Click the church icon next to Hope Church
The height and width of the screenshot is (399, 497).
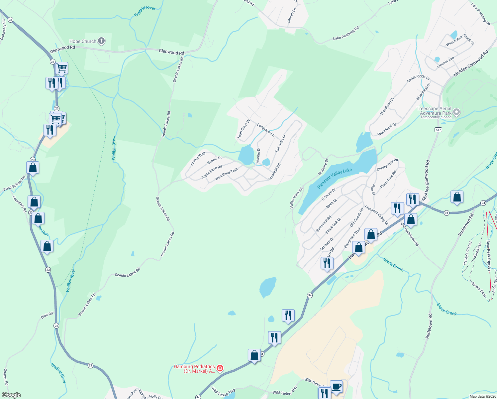click(101, 41)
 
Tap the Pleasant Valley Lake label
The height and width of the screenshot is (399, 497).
click(334, 178)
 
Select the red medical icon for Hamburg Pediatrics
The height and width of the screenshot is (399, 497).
click(220, 368)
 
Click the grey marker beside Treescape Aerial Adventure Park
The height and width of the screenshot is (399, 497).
click(456, 112)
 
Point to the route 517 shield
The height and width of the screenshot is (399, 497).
click(438, 130)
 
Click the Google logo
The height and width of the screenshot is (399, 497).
click(11, 395)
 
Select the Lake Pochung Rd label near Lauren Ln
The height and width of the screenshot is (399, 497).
click(346, 34)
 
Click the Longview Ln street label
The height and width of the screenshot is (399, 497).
click(266, 130)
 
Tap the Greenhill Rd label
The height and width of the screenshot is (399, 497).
click(274, 172)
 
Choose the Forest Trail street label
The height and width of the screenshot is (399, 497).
click(198, 159)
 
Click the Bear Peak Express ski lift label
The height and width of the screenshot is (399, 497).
click(489, 256)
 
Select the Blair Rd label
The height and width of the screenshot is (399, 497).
click(47, 315)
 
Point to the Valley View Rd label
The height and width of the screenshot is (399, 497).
click(296, 198)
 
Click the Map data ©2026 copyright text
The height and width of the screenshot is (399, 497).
click(482, 396)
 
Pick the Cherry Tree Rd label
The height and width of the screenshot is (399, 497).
click(387, 165)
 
